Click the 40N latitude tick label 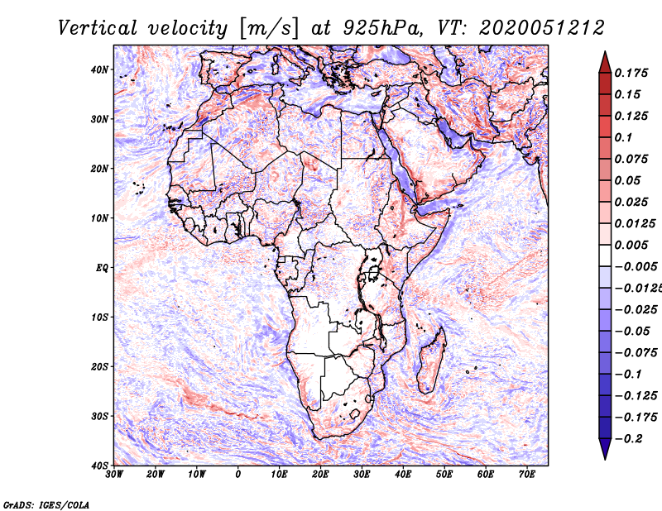click(99, 69)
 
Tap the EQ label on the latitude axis click(102, 268)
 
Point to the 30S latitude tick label click(99, 417)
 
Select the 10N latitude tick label click(99, 218)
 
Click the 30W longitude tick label click(114, 475)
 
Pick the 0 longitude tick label click(238, 475)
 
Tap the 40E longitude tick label click(403, 475)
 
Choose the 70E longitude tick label click(527, 475)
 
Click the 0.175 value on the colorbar click(631, 73)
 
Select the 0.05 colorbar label click(627, 180)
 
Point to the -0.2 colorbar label click(628, 439)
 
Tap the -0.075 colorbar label click(636, 353)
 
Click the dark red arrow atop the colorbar click(605, 63)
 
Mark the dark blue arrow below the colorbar click(605, 448)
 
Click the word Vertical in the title click(97, 29)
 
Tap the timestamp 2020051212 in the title click(542, 29)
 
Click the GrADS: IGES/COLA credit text click(46, 504)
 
